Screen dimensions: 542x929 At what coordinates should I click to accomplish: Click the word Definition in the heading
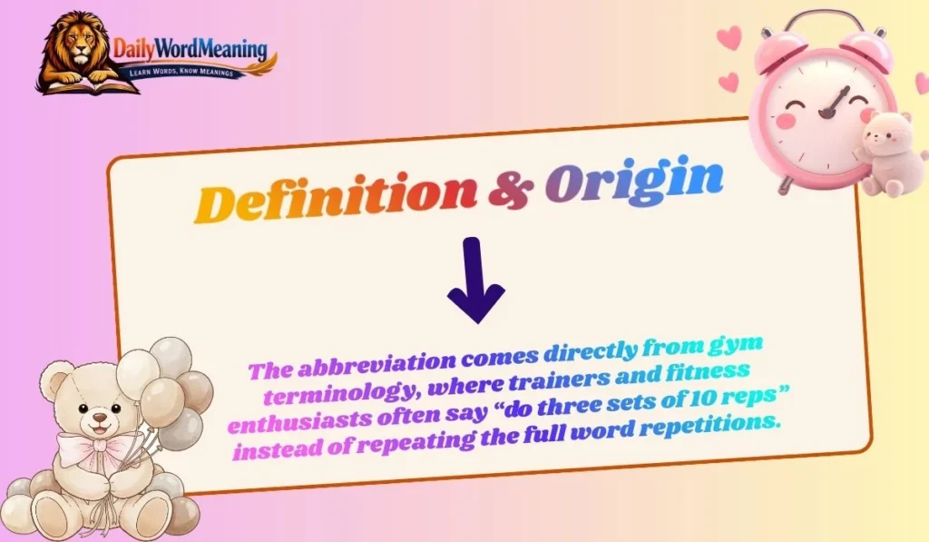click(x=337, y=197)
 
